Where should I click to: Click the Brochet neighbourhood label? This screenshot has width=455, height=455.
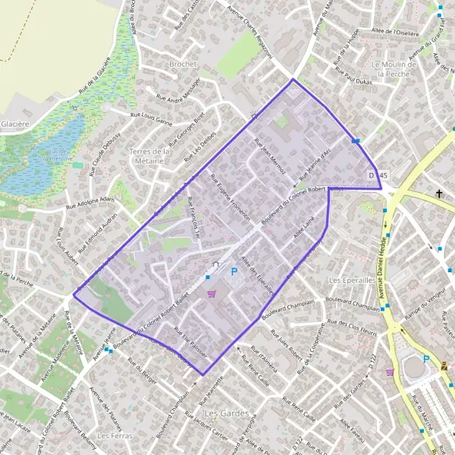[x=184, y=64]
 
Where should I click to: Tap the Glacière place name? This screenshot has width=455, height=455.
[x=14, y=124]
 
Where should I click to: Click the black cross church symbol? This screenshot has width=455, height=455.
[x=438, y=194]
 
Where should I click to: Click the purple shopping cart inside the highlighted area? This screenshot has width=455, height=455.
[x=212, y=293]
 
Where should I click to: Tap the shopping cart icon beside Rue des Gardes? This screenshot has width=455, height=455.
[x=390, y=372]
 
